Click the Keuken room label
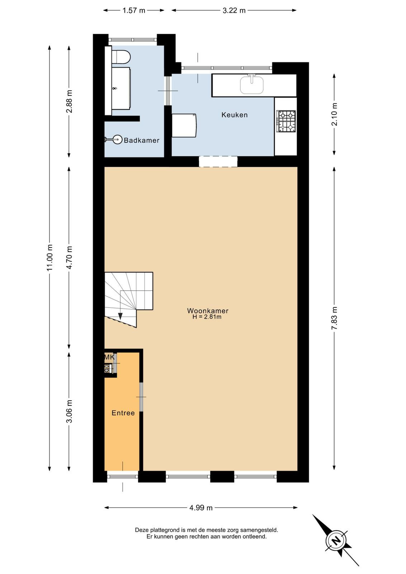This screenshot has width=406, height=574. (234, 115)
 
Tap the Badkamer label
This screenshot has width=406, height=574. (142, 140)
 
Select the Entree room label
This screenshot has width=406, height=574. (123, 413)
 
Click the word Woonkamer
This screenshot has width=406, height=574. (208, 311)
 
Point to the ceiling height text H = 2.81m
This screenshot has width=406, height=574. (207, 317)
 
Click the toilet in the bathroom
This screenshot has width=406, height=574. (121, 56)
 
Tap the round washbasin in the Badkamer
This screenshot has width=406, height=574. (118, 140)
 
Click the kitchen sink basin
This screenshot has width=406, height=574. (251, 85)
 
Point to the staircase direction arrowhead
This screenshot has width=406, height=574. (120, 316)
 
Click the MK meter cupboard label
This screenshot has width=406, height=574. (109, 357)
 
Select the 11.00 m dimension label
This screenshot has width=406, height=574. (50, 258)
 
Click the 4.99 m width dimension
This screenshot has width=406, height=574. (201, 508)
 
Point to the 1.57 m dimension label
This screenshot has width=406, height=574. (133, 10)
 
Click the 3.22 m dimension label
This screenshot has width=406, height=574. (234, 10)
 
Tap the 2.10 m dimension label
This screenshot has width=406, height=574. (334, 114)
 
